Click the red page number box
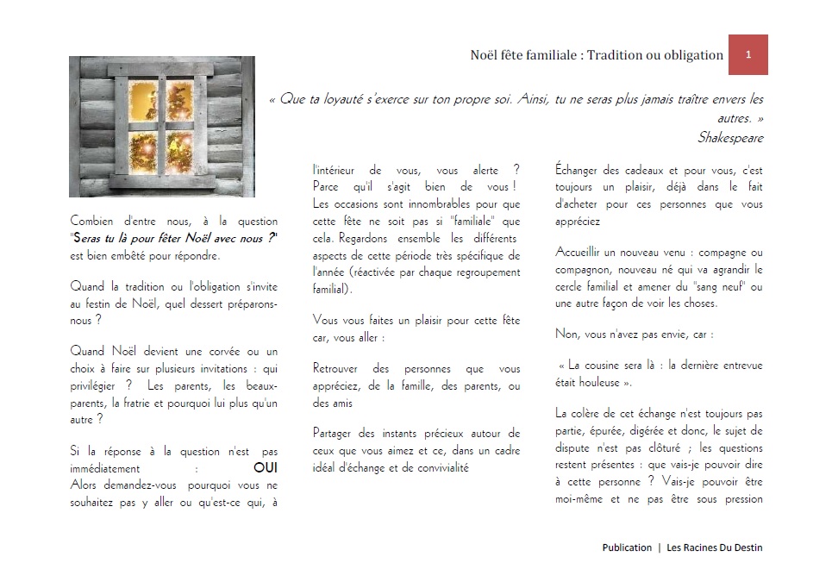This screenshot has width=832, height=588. pos(748,55)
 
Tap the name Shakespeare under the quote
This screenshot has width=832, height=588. pos(730,138)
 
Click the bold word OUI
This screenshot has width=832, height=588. pos(266,468)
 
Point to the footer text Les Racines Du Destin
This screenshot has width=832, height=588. pos(715,547)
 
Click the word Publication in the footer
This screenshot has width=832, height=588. pos(627,547)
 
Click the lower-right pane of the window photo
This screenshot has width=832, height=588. pos(180,151)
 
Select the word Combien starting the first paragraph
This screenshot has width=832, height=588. pos(91,222)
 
